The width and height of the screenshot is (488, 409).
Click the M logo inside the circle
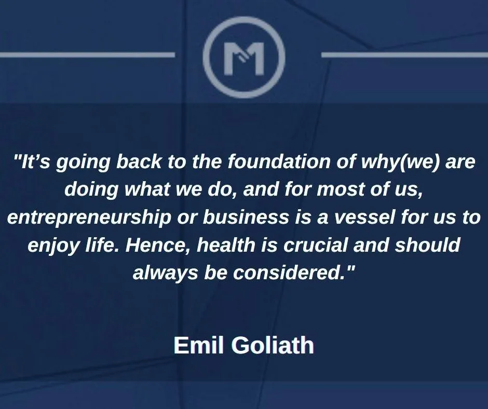[x=244, y=59]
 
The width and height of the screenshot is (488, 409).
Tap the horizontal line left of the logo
[x=87, y=55]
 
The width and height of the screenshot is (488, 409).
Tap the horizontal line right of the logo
[x=404, y=55]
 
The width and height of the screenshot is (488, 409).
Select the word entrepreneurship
[x=89, y=217]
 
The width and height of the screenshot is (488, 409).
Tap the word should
[x=427, y=244]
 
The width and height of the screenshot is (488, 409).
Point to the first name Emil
[x=199, y=345]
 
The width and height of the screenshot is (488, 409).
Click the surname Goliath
[x=273, y=345]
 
